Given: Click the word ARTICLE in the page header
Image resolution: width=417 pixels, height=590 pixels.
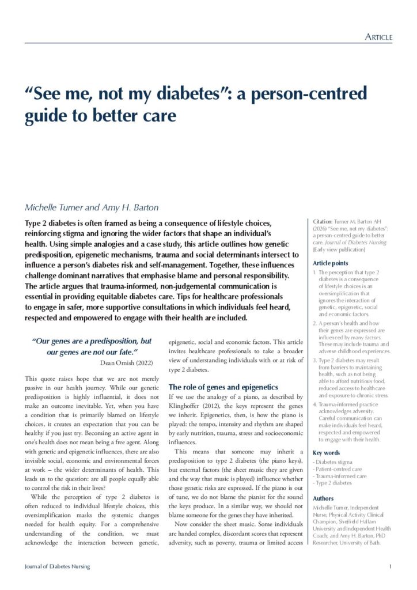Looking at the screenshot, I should click(x=379, y=37).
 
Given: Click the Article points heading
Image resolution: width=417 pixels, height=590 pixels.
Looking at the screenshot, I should click(x=331, y=263).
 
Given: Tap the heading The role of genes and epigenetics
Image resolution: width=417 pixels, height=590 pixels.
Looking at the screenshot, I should click(x=223, y=387).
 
